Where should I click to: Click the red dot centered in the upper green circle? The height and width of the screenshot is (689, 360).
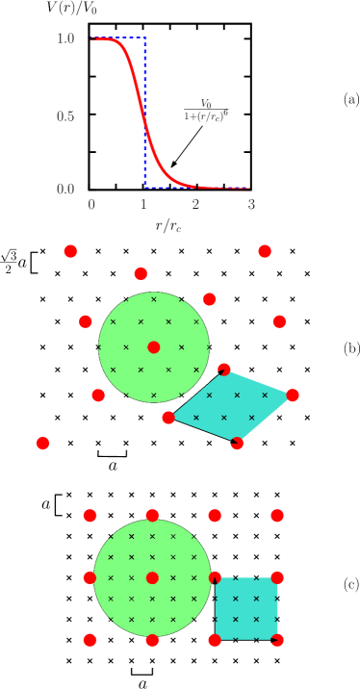(154, 347)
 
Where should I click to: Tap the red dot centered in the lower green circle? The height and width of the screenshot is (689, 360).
(152, 577)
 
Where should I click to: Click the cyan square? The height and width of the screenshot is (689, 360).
(245, 608)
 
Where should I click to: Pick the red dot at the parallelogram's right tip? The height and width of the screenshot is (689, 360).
(293, 395)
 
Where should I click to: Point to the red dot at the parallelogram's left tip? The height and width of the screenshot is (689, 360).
(168, 418)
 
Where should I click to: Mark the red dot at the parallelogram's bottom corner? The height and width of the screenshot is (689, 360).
(237, 444)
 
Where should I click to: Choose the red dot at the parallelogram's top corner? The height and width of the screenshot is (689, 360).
(224, 370)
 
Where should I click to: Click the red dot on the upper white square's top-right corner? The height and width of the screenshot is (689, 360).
(210, 299)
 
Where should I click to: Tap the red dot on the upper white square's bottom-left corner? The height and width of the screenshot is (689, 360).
(98, 395)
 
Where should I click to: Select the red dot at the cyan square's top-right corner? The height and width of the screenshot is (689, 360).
(277, 577)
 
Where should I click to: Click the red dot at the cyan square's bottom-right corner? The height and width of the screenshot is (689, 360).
(277, 640)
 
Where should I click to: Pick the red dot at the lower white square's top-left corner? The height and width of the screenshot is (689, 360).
(90, 516)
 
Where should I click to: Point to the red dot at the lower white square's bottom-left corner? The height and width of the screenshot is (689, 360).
(90, 640)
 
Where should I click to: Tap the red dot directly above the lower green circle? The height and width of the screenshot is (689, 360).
(152, 516)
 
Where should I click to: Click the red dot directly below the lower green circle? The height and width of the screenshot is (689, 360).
(152, 640)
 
